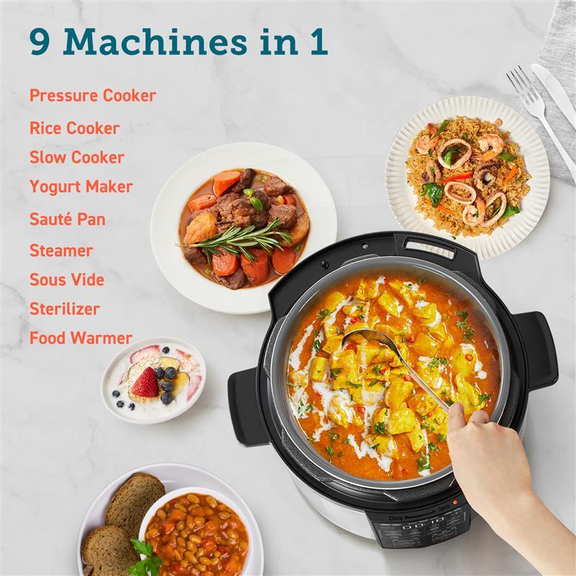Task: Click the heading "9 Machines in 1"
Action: [179, 41]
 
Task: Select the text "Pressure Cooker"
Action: [93, 96]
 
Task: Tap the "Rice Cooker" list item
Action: [74, 128]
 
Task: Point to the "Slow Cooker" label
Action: [77, 157]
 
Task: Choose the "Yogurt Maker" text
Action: [81, 186]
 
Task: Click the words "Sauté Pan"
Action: [68, 219]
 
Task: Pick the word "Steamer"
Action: [61, 251]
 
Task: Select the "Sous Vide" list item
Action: [67, 279]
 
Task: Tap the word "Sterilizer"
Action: [65, 309]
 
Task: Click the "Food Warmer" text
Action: [81, 338]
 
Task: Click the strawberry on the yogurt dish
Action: [145, 382]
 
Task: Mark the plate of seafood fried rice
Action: [468, 176]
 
